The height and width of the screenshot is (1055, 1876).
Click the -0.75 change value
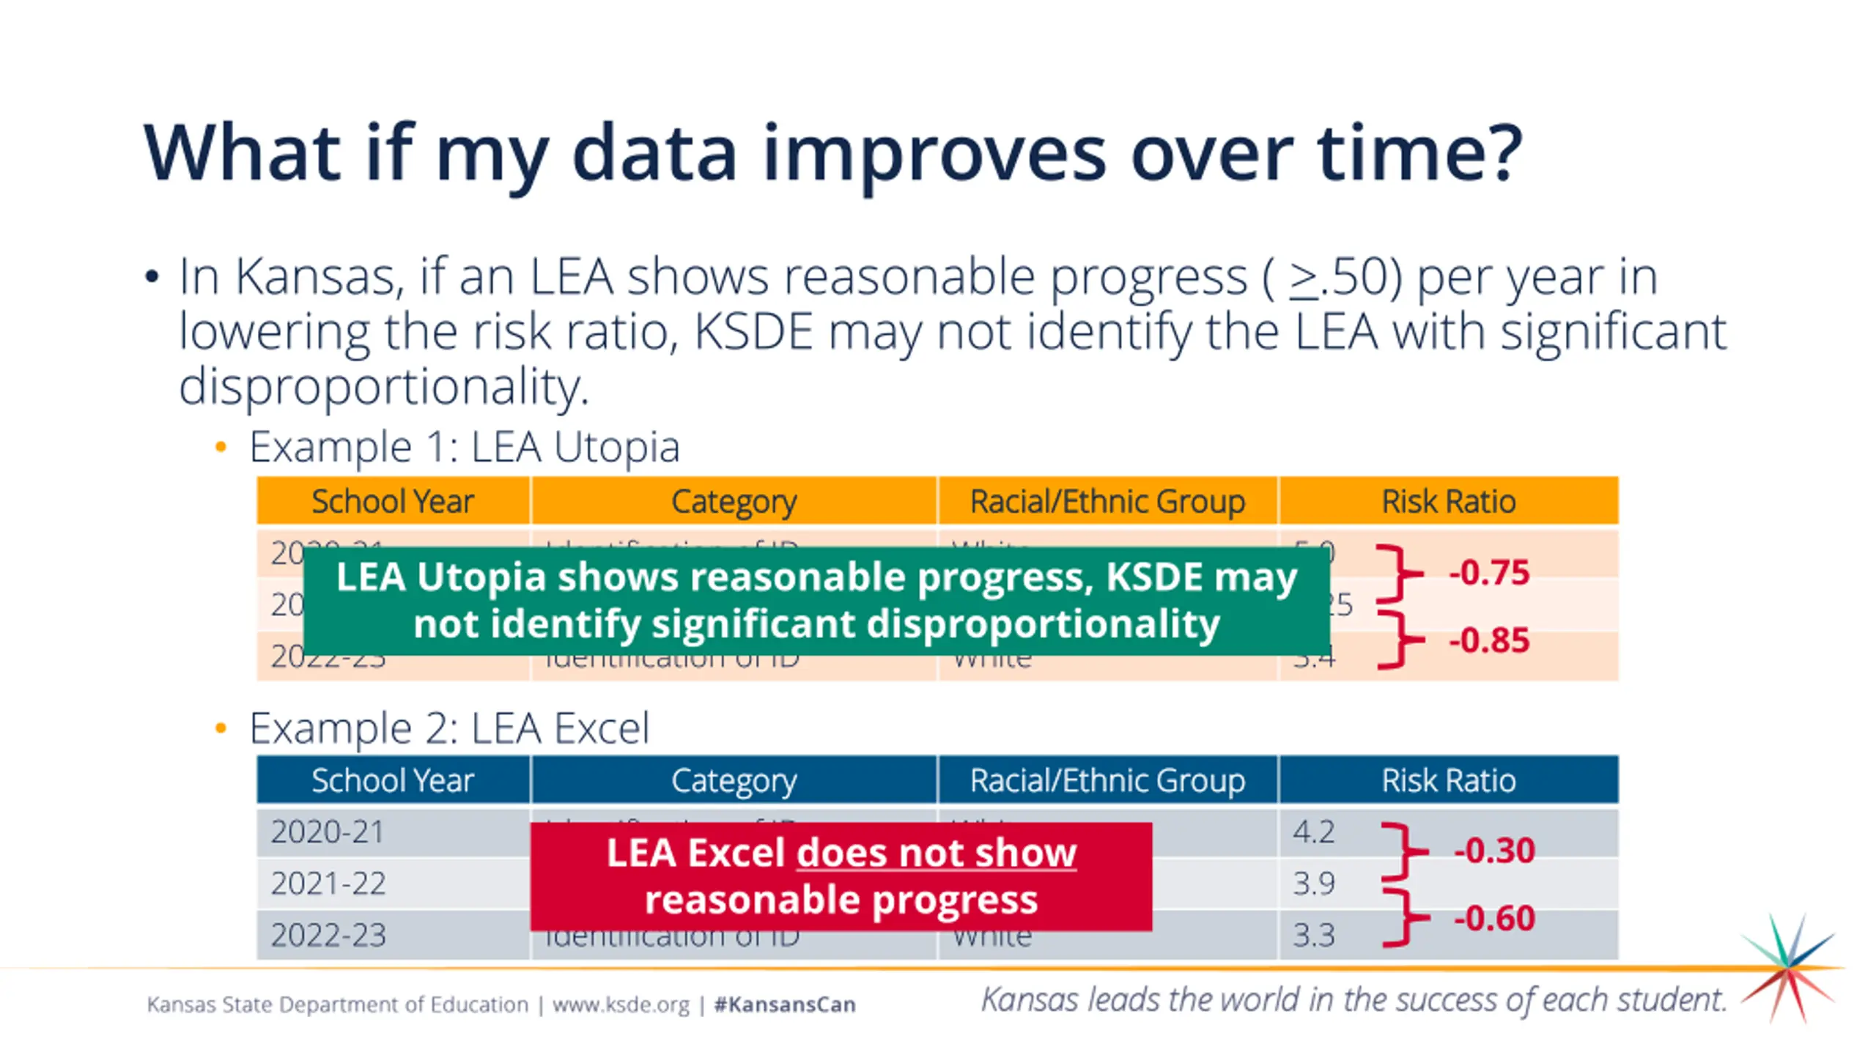(x=1489, y=573)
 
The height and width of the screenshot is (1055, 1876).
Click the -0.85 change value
(x=1489, y=640)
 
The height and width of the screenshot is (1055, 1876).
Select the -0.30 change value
(x=1494, y=851)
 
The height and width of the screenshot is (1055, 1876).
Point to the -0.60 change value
(x=1494, y=918)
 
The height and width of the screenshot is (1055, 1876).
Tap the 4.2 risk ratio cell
(x=1313, y=832)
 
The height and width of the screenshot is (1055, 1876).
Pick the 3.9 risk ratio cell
(x=1313, y=884)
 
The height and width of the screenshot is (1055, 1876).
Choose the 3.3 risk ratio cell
(x=1313, y=936)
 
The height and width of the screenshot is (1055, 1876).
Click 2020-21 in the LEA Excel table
(x=328, y=832)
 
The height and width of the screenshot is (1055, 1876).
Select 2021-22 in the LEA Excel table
(x=328, y=884)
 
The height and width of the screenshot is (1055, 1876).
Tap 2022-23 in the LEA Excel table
(x=328, y=936)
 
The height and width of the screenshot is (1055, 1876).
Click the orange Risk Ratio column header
(x=1448, y=502)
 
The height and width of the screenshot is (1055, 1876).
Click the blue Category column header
(x=734, y=781)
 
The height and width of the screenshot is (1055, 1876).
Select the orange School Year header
(x=393, y=502)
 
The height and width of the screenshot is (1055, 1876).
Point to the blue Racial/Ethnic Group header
(x=1107, y=781)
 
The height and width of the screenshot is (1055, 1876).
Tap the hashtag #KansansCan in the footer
(x=785, y=1004)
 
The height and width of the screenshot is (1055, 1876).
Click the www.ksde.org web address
(x=621, y=1004)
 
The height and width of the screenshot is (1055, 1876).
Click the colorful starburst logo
(x=1790, y=968)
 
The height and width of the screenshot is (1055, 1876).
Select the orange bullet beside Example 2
(x=221, y=728)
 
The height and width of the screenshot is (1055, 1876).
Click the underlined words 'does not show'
(x=936, y=854)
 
